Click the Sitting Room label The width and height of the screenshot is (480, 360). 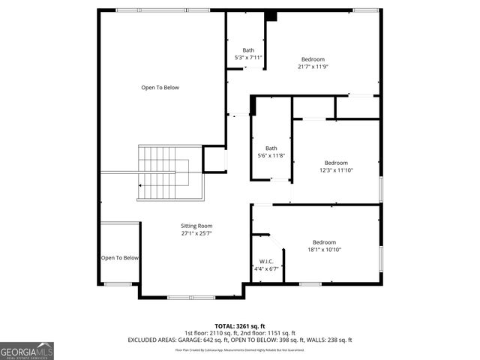196,226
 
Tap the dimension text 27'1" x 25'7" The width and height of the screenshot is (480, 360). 196,233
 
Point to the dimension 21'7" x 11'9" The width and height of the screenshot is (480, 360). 313,67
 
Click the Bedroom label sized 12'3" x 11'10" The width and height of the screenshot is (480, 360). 336,163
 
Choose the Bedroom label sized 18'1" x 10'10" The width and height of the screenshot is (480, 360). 324,241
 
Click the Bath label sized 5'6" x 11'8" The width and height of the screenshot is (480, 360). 271,148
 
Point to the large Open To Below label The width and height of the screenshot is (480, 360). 160,88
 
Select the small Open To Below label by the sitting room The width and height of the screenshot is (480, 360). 120,258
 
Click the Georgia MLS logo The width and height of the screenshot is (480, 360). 27,350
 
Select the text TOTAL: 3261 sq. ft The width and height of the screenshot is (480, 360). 240,326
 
